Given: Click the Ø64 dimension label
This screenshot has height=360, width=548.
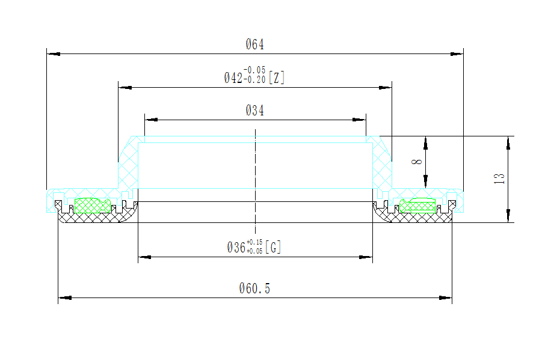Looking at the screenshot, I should (x=255, y=44).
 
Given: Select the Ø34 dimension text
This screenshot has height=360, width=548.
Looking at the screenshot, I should (x=255, y=111).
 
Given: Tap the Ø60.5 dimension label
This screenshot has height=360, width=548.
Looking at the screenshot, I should (x=255, y=288).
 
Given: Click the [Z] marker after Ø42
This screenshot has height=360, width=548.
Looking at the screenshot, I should (x=276, y=78).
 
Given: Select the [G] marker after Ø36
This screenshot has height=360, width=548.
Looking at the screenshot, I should (x=273, y=247).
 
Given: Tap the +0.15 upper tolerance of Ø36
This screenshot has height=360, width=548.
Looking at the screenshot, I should (x=254, y=242).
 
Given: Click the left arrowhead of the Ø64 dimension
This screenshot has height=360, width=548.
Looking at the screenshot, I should (x=53, y=54).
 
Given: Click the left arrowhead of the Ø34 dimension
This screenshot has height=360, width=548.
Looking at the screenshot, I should (x=150, y=119).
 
